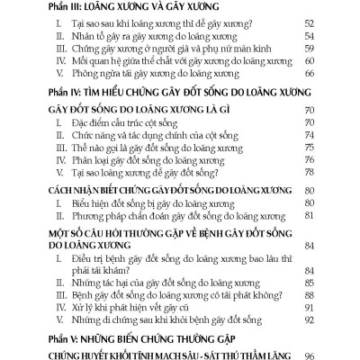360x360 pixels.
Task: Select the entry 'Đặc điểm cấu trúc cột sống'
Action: (125, 133)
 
